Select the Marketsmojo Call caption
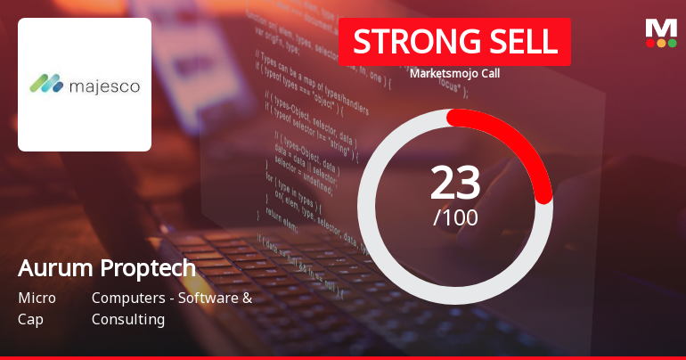[x=454, y=74]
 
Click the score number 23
[x=455, y=183]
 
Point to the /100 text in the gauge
[x=455, y=217]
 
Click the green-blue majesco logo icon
[x=46, y=85]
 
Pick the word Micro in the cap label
[x=37, y=298]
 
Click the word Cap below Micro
[x=30, y=319]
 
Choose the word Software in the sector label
[x=208, y=298]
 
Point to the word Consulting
[x=128, y=319]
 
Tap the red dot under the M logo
[x=650, y=42]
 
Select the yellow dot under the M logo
[x=661, y=42]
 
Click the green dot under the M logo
[x=672, y=42]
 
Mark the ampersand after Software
[x=247, y=298]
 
